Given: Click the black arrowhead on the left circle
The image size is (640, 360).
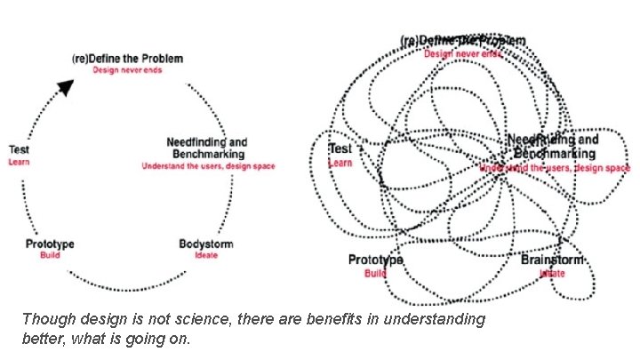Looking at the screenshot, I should [64, 86].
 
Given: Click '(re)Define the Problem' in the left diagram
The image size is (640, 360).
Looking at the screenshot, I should [128, 59].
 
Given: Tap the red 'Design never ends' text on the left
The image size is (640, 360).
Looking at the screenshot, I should [128, 70].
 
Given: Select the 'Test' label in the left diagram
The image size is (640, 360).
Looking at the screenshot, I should [19, 150].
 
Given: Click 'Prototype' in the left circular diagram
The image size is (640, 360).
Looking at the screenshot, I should [50, 244].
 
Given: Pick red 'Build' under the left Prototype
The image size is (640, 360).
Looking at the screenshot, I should [50, 255].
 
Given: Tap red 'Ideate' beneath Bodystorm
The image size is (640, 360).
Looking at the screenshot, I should [205, 255].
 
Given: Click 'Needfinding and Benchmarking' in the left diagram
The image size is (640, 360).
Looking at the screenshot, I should [207, 148].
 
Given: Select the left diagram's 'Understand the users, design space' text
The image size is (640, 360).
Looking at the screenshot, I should [208, 166].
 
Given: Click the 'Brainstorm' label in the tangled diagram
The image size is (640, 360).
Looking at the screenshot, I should [553, 260].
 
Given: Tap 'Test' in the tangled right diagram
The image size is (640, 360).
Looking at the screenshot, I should [340, 149].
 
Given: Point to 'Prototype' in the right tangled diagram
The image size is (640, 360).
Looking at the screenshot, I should [375, 260].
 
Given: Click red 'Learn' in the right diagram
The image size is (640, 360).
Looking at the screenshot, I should [340, 163].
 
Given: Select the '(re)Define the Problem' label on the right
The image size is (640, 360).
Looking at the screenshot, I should [462, 41].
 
